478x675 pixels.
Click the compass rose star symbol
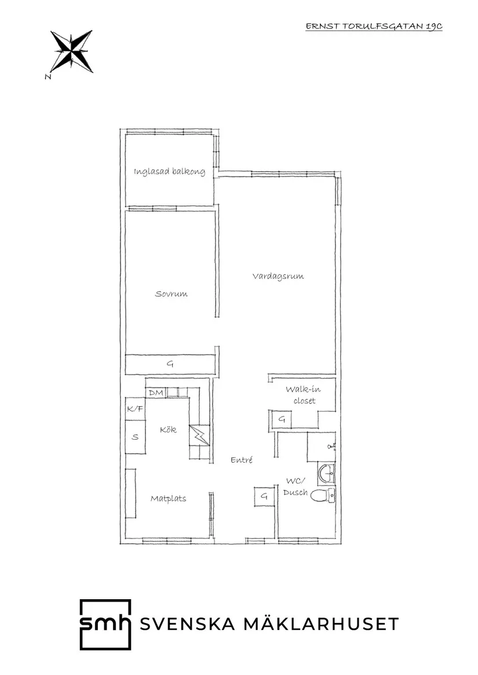pos(71,51)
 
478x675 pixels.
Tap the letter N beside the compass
pos(48,76)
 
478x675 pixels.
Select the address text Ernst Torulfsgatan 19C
pos(374,26)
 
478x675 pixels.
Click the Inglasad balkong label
pos(169,172)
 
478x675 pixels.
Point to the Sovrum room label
pos(172,294)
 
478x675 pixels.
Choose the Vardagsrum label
pos(278,276)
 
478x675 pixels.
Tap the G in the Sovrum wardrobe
pos(170,364)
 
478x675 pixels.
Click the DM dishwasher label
pos(156,393)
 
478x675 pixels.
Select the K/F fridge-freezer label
pos(135,408)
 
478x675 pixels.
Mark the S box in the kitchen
pos(135,437)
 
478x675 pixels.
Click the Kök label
pos(168,429)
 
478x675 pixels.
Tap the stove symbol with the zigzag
pos(199,436)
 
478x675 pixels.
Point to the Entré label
pos(242,460)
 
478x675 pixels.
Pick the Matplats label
pos(168,499)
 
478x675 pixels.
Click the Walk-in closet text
pos(304,394)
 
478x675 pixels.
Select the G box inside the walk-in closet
pos(281,419)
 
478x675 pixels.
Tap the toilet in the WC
pos(322,496)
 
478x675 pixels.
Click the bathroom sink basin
pos(327,474)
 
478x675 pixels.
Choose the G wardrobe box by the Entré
pos(264,496)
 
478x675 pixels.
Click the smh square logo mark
pos(105,624)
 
